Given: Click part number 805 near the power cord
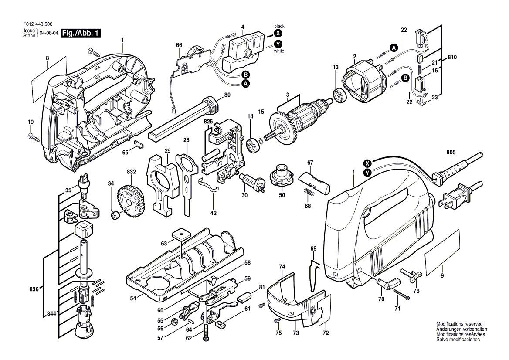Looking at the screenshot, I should coord(451,153).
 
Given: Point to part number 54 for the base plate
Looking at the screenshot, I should coord(133,298).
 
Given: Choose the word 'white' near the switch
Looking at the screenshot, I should coord(279,51).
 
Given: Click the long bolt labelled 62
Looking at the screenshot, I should coord(206,333).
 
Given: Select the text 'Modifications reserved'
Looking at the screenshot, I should coord(459,324).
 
